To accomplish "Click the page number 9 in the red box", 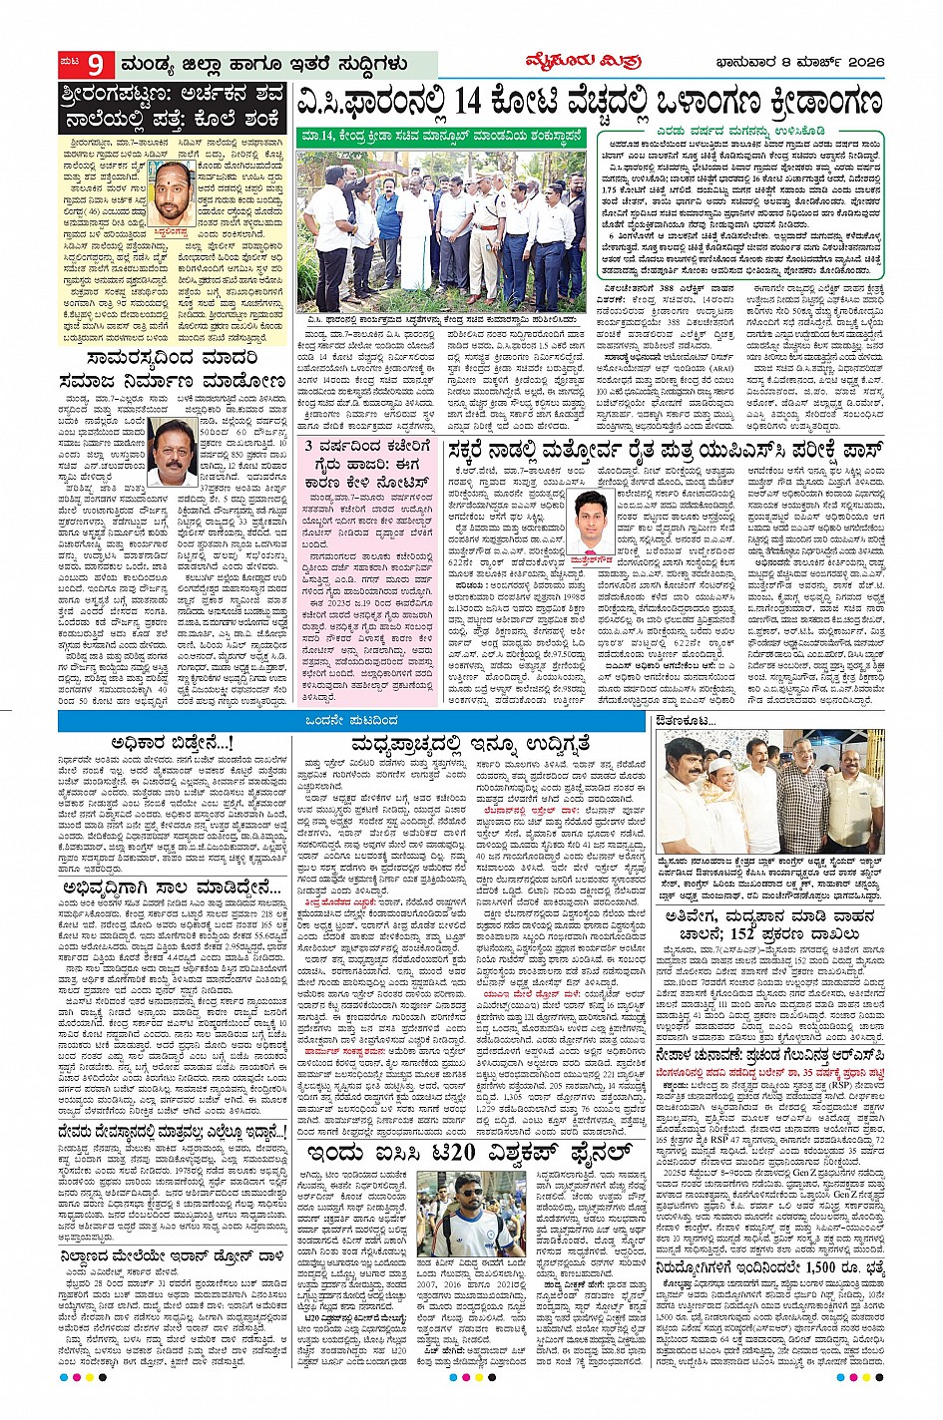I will click(x=96, y=66).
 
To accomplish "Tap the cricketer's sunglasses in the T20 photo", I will click(x=469, y=1193).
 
